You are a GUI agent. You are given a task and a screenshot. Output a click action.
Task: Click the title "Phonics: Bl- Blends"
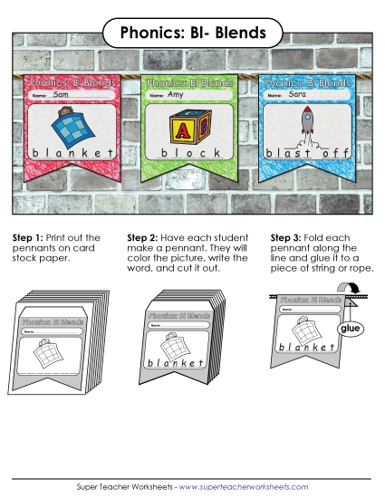(192, 34)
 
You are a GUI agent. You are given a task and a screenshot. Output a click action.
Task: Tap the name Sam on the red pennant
(62, 94)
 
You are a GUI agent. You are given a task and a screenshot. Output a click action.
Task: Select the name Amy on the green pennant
(176, 94)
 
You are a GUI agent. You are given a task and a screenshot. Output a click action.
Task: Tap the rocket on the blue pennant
(306, 124)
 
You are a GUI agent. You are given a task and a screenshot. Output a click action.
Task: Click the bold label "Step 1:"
(28, 238)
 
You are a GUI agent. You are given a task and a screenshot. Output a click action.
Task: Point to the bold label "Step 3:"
(288, 238)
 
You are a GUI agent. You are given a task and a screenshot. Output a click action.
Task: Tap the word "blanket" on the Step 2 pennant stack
(176, 364)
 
